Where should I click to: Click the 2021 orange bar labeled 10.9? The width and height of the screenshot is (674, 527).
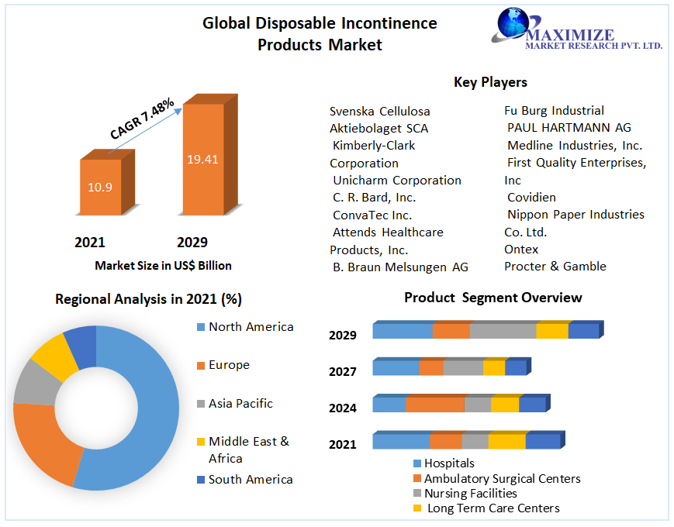[100, 187]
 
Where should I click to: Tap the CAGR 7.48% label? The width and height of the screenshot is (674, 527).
[142, 119]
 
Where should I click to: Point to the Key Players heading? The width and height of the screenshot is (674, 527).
[490, 81]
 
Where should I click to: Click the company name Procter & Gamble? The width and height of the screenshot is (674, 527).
[555, 266]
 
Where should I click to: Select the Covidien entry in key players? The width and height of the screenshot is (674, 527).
[531, 197]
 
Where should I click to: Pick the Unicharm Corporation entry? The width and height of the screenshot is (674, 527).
[396, 180]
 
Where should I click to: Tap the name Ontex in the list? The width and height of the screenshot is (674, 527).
[521, 249]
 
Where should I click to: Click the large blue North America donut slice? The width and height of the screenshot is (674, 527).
[151, 411]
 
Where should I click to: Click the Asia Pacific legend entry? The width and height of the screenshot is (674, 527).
[240, 403]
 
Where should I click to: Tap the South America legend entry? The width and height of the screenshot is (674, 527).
[251, 479]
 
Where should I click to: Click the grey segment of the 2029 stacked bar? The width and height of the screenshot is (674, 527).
[503, 331]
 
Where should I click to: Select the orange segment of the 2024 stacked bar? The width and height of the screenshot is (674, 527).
[435, 405]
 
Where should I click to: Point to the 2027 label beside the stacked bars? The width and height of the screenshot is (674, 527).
[343, 371]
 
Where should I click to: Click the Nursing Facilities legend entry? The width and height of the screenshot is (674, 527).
[470, 493]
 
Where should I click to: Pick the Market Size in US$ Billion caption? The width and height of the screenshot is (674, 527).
[163, 265]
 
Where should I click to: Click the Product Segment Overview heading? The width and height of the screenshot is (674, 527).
[493, 298]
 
